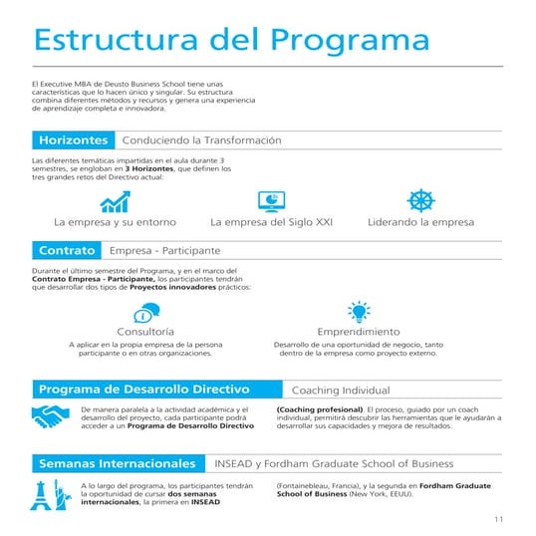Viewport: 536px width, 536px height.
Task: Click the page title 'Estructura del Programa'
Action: [x=231, y=39]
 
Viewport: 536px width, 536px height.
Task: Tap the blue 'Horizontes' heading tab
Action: [x=72, y=140]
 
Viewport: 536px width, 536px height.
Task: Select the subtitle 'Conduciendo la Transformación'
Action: [x=201, y=140]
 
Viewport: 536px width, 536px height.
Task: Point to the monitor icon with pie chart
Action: [x=270, y=200]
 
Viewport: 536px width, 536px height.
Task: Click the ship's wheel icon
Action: [x=421, y=200]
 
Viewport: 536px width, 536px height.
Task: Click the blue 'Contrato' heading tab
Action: [x=67, y=250]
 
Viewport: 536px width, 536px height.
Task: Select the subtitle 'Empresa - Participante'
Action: [x=164, y=250]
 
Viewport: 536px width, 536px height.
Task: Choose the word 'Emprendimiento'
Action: [x=358, y=331]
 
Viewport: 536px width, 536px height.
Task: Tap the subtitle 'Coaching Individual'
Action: [x=340, y=390]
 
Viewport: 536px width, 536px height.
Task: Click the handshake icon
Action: [x=50, y=417]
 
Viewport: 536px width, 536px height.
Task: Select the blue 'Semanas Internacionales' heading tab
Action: [x=117, y=463]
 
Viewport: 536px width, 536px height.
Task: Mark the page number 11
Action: [x=499, y=519]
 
